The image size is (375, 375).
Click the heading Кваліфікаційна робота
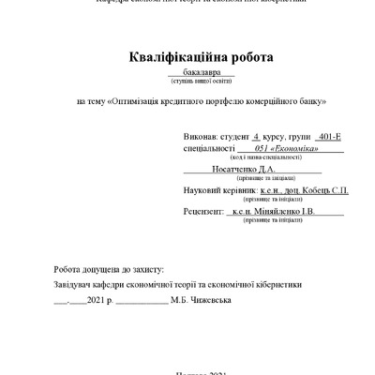[x=202, y=58]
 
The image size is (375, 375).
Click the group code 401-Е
[x=330, y=137]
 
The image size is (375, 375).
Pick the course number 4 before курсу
[x=255, y=137]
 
